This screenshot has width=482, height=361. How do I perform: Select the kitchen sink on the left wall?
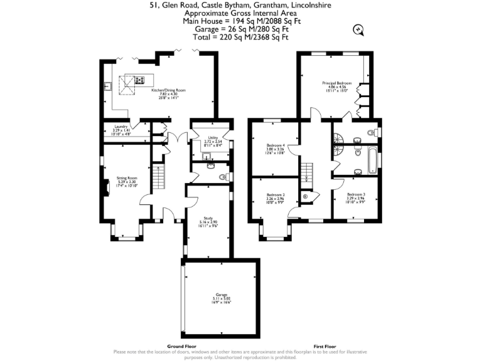108,87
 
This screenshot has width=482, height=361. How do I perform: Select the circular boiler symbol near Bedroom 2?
305,196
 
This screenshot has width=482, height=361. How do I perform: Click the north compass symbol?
358,28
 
